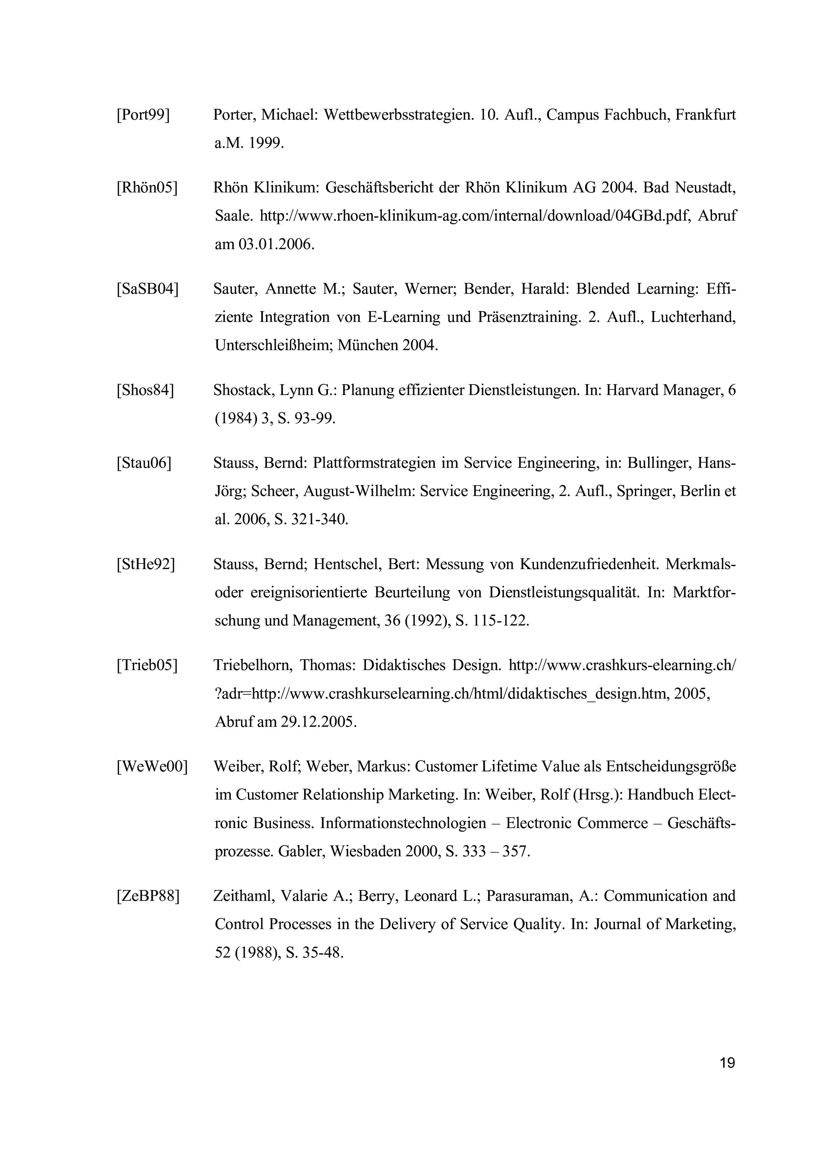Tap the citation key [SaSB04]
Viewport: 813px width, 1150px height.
147,289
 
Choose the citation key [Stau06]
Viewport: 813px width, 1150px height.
144,463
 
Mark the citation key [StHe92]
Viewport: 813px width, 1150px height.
146,565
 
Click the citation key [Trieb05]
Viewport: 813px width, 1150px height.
147,666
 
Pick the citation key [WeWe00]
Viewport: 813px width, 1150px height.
152,767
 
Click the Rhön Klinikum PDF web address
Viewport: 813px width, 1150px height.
476,216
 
